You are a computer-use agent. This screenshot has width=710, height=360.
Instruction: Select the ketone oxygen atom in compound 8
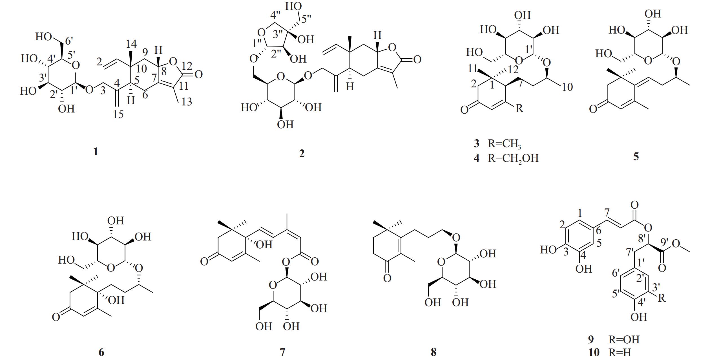pos(387,278)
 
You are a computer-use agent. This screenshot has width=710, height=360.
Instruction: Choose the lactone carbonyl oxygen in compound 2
pos(417,59)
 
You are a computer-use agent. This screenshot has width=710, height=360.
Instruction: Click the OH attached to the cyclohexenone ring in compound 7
pos(264,244)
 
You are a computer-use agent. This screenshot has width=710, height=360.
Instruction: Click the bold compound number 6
pos(101,352)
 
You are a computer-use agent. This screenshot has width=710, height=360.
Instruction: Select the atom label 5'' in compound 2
pos(304,19)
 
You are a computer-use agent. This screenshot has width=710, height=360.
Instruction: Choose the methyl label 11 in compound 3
pos(473,69)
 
